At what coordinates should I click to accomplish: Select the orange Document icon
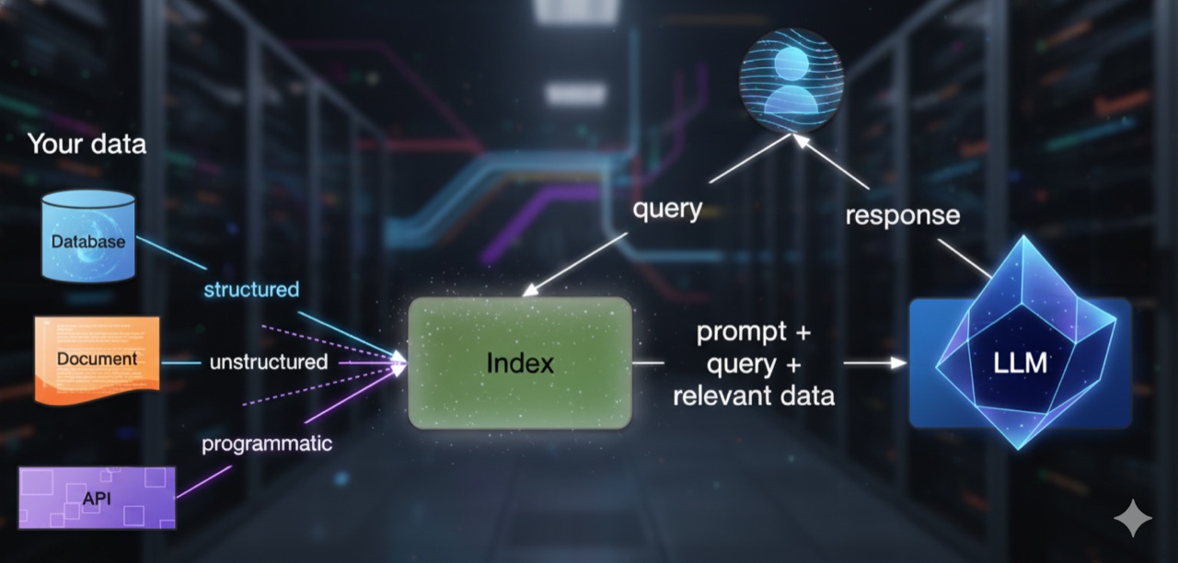point(98,360)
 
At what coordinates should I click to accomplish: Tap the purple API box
point(98,498)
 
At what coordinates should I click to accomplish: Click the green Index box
point(520,362)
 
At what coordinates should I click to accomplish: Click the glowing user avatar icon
point(791,80)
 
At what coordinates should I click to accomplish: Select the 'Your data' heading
point(87,144)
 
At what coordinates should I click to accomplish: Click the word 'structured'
point(251,289)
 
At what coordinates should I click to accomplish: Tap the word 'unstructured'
point(269,362)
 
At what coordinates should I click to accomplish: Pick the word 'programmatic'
point(267,444)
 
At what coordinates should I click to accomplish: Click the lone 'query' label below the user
point(667,209)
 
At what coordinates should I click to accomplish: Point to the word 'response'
point(903,215)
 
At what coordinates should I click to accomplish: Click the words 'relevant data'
point(754,396)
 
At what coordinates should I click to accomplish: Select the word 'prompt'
point(742,333)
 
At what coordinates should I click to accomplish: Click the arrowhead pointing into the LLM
point(898,362)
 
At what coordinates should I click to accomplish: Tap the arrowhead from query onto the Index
point(530,290)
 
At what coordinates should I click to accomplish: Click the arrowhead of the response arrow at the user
point(800,141)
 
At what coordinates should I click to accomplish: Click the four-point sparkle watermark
point(1133,518)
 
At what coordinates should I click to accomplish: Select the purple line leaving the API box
point(204,481)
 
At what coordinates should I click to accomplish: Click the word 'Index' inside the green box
point(520,362)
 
